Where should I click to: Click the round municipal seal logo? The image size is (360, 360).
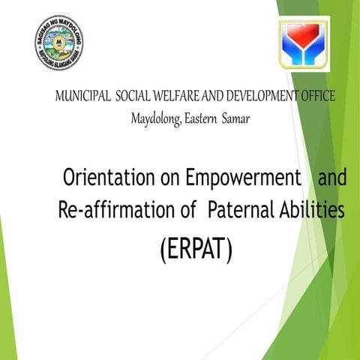[59, 42]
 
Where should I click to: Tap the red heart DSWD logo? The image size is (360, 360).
[304, 43]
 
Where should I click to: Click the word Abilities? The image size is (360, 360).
[314, 211]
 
